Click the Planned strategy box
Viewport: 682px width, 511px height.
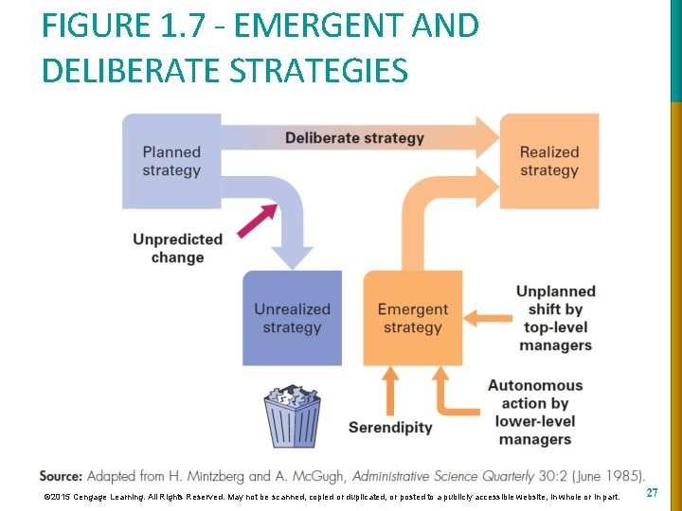pos(171,161)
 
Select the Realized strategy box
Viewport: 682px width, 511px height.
pos(549,161)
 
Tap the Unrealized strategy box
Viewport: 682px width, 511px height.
pos(292,318)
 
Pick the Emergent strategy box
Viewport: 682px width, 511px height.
pos(412,318)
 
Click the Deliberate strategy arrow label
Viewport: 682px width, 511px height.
pos(354,138)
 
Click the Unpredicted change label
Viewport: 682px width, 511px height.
pos(177,248)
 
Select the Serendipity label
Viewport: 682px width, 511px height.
pos(390,427)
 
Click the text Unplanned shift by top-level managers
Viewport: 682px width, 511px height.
pos(555,318)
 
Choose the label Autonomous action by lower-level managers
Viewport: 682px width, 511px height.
pos(535,413)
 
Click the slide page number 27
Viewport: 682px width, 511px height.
pos(652,494)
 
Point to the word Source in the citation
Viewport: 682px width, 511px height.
pos(61,475)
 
